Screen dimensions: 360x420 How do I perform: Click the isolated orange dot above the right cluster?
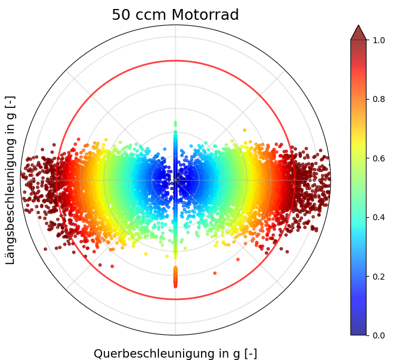(x=245, y=130)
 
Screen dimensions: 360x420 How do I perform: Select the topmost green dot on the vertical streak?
(x=175, y=122)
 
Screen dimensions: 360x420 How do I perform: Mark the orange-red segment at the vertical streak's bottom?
(x=175, y=277)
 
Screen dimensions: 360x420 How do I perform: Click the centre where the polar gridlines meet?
(x=175, y=179)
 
